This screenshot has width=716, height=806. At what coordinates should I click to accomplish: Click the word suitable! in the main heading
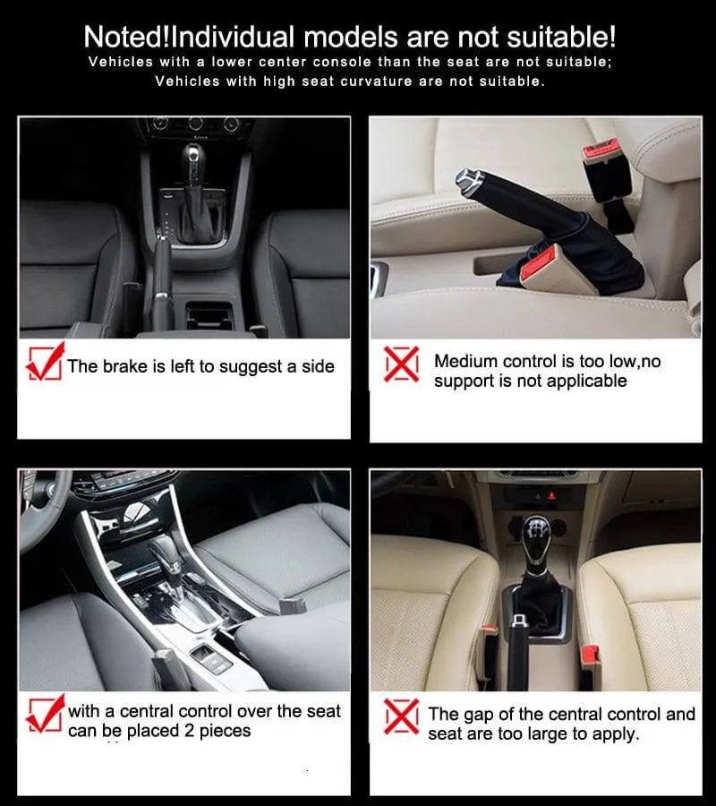(561, 37)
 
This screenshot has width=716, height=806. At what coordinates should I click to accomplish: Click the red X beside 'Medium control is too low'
(402, 364)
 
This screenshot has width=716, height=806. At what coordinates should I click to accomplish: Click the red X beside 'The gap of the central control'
(401, 716)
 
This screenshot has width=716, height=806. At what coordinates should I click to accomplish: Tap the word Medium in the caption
(466, 362)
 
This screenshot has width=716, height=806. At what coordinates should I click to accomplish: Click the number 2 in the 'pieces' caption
(189, 731)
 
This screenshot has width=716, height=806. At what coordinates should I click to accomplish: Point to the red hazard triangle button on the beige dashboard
(552, 496)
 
